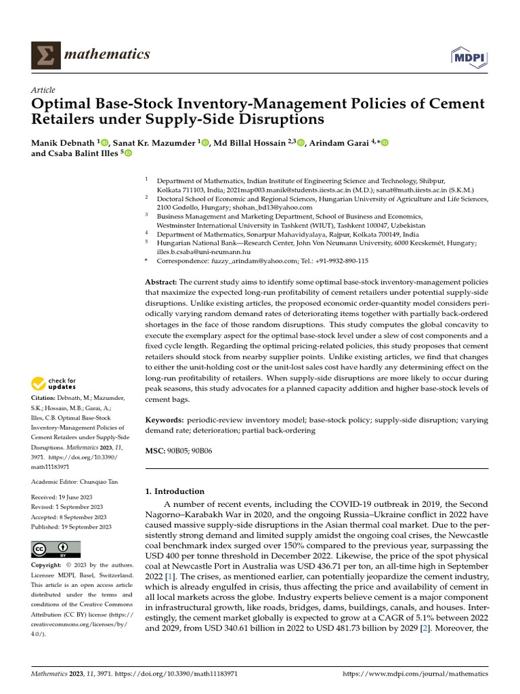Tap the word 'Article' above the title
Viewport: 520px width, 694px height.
pos(43,90)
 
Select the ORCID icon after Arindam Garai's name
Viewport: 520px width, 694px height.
pos(385,142)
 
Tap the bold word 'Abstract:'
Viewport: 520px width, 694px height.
pos(161,281)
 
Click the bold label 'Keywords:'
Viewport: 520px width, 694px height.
pos(166,421)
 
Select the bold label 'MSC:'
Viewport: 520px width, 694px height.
pos(156,451)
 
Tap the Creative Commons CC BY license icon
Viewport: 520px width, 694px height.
pos(56,550)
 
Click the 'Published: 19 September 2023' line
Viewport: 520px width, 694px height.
pos(71,527)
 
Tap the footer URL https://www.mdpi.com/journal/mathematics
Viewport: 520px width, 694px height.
pos(416,675)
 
